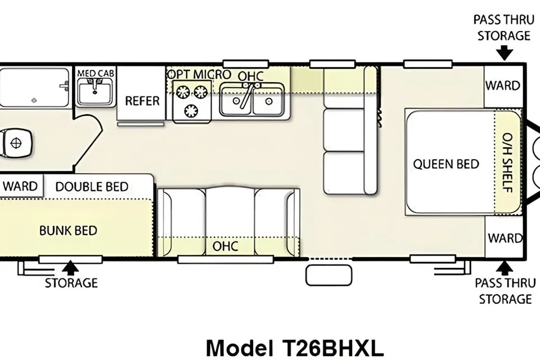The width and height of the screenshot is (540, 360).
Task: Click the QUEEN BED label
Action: (446, 164)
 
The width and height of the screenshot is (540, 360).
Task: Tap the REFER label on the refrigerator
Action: (142, 101)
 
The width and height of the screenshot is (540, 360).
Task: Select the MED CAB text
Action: (96, 73)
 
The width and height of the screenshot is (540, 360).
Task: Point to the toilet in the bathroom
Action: (16, 143)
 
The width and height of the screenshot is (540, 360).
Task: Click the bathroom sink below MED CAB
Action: (95, 91)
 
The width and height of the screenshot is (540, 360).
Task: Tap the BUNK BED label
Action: (68, 231)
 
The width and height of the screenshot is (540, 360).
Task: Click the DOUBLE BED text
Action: (92, 187)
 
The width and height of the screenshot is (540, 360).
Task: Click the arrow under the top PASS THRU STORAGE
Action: (504, 53)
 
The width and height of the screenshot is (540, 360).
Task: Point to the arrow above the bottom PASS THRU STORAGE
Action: (504, 268)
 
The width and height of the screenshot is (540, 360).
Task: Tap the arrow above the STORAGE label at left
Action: (71, 268)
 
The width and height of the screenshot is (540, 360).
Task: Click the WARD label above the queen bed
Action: (503, 85)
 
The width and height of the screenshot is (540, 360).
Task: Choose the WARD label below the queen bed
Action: (505, 238)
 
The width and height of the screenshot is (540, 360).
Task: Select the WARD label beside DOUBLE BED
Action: (20, 186)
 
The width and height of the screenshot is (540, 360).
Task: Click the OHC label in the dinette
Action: (225, 246)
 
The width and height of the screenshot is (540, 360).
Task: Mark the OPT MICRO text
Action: (199, 74)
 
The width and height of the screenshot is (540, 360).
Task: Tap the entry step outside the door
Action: (329, 275)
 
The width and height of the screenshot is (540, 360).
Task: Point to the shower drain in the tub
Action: (34, 101)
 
